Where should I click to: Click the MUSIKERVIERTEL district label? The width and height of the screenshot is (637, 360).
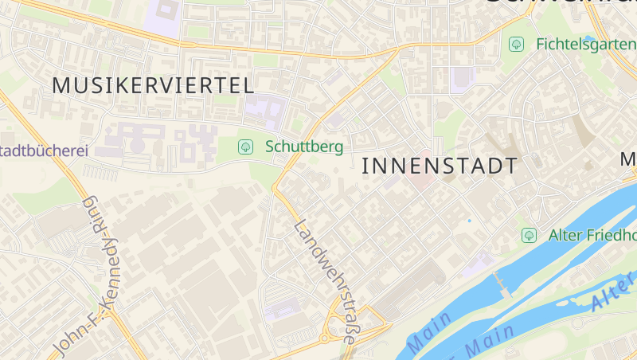pyautogui.click(x=153, y=85)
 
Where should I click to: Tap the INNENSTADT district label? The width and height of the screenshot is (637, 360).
pyautogui.click(x=440, y=166)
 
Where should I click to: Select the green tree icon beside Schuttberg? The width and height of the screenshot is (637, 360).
pyautogui.click(x=246, y=146)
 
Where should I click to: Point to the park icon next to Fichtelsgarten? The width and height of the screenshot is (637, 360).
pyautogui.click(x=516, y=44)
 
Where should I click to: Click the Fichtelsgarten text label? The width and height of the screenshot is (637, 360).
pyautogui.click(x=585, y=44)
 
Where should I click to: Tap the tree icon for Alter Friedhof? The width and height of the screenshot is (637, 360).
pyautogui.click(x=528, y=235)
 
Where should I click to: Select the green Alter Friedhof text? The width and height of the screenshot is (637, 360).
pyautogui.click(x=592, y=235)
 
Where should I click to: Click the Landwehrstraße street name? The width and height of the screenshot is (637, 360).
pyautogui.click(x=325, y=280)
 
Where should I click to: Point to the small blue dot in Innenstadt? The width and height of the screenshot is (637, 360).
pyautogui.click(x=469, y=221)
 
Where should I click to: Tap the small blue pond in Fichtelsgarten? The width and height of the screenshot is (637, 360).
pyautogui.click(x=590, y=37)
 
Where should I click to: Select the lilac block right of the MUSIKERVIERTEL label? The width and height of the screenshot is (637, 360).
pyautogui.click(x=268, y=111)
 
